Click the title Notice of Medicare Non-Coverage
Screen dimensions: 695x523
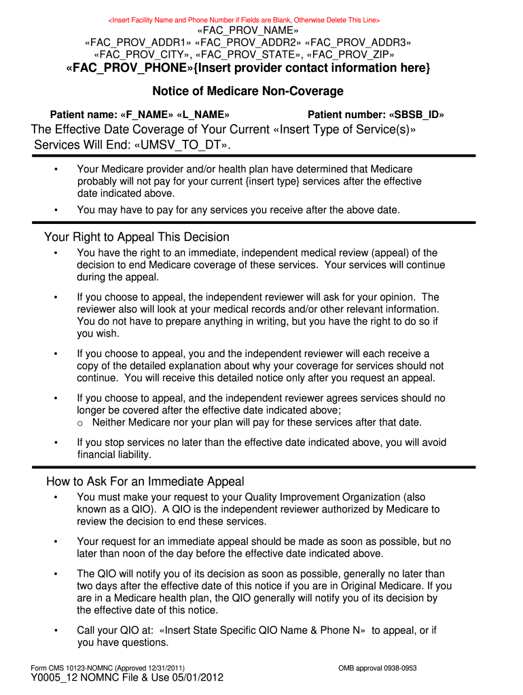click(x=248, y=91)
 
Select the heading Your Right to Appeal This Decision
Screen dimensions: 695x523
click(x=137, y=237)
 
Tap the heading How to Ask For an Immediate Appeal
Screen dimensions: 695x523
click(x=145, y=481)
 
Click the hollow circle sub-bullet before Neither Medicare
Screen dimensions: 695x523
click(x=80, y=423)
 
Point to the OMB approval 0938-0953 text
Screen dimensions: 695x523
click(x=377, y=669)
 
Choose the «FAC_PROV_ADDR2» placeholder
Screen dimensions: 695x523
click(x=248, y=43)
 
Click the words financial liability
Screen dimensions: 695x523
click(x=114, y=455)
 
